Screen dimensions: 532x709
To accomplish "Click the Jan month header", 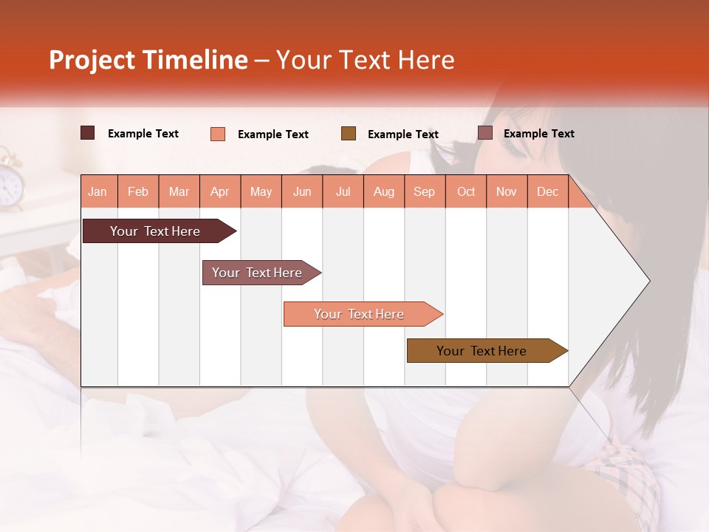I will click(x=97, y=191).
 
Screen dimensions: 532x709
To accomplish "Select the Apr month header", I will click(x=219, y=191).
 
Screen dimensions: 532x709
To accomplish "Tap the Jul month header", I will click(x=343, y=191).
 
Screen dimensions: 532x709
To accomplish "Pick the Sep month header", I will click(x=424, y=191).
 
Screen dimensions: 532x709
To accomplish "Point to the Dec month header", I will click(x=547, y=191).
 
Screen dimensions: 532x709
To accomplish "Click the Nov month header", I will click(x=506, y=191).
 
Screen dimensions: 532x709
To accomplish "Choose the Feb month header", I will click(x=138, y=191).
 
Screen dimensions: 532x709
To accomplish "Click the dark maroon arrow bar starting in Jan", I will click(x=155, y=231).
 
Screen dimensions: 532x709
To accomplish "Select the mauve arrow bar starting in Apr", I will click(x=257, y=273).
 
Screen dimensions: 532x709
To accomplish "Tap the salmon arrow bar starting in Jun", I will click(x=359, y=314).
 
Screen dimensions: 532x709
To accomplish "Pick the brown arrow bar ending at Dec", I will click(x=482, y=351).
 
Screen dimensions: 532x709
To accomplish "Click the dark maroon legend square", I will click(x=88, y=133).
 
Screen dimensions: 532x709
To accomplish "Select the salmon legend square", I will click(x=218, y=134).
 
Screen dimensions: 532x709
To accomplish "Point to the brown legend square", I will click(x=349, y=134).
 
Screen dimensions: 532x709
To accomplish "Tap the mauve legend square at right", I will click(x=485, y=133).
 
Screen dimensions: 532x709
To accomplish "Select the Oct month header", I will click(x=466, y=191).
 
